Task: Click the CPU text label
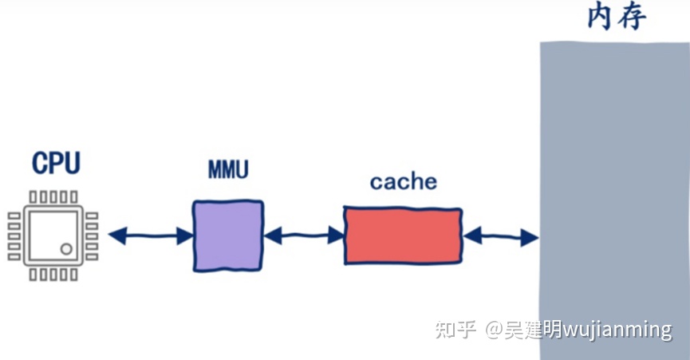point(56,163)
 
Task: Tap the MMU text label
point(227,170)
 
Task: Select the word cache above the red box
point(404,182)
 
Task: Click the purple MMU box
point(227,235)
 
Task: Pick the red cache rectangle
point(403,235)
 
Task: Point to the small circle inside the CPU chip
point(66,249)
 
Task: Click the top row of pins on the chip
point(53,196)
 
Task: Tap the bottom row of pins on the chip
point(53,275)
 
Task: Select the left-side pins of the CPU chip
point(14,236)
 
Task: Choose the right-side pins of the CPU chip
point(92,236)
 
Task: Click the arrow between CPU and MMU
point(150,235)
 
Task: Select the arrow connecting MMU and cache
point(303,235)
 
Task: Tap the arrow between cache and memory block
point(500,236)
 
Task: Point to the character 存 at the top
point(637,16)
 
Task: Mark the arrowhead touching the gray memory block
point(530,237)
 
